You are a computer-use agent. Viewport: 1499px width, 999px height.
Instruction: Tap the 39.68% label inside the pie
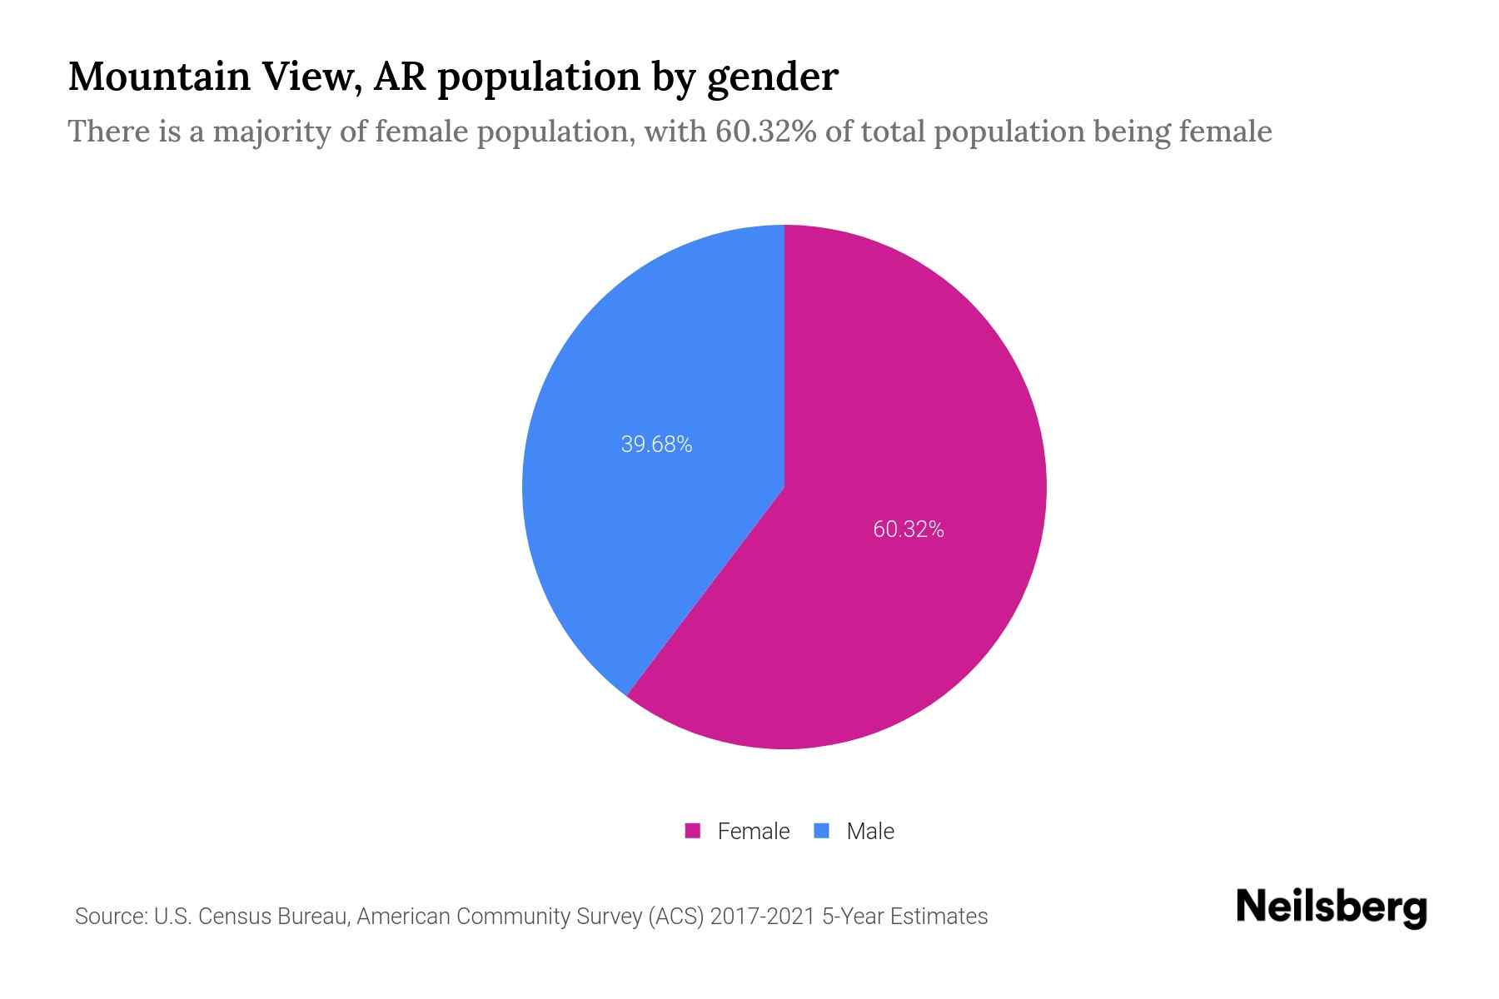coord(656,445)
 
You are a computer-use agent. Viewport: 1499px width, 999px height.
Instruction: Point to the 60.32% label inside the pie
coord(908,529)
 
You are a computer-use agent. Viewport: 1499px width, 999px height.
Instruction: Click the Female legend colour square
coord(692,831)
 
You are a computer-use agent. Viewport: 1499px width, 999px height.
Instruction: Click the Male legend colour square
coord(821,831)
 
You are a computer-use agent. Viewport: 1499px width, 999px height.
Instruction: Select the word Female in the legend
coord(753,831)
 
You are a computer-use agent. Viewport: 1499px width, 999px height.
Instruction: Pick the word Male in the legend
coord(869,831)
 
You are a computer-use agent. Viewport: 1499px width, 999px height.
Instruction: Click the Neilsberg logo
coord(1331,907)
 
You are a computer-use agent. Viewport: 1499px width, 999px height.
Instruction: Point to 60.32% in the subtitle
coord(765,132)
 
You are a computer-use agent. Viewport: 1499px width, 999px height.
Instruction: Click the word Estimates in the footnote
coord(939,917)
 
